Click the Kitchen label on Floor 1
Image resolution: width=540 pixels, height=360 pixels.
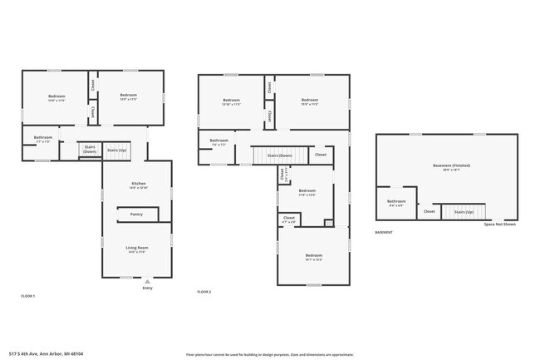pyautogui.click(x=138, y=185)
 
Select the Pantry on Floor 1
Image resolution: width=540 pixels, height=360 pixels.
pyautogui.click(x=137, y=215)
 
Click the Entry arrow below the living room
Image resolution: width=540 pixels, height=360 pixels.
pyautogui.click(x=148, y=282)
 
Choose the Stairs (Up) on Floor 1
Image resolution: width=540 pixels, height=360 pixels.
pyautogui.click(x=117, y=150)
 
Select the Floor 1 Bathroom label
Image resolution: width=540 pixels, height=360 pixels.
pyautogui.click(x=42, y=139)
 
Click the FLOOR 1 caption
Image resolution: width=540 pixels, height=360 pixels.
pyautogui.click(x=28, y=295)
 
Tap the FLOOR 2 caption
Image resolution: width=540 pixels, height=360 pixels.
pyautogui.click(x=204, y=292)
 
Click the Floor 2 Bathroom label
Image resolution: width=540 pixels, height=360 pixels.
pyautogui.click(x=218, y=142)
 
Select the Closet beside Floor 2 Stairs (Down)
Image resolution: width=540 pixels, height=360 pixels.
pyautogui.click(x=321, y=155)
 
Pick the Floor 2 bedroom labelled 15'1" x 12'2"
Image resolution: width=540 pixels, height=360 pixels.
pyautogui.click(x=313, y=257)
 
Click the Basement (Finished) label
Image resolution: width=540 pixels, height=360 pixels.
pyautogui.click(x=451, y=167)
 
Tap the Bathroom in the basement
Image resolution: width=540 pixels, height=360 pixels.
pyautogui.click(x=396, y=202)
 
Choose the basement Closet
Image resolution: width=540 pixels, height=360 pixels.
pyautogui.click(x=430, y=211)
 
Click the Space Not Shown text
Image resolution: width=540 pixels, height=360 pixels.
pyautogui.click(x=499, y=224)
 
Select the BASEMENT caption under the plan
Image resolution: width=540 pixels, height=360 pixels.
pyautogui.click(x=384, y=232)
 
